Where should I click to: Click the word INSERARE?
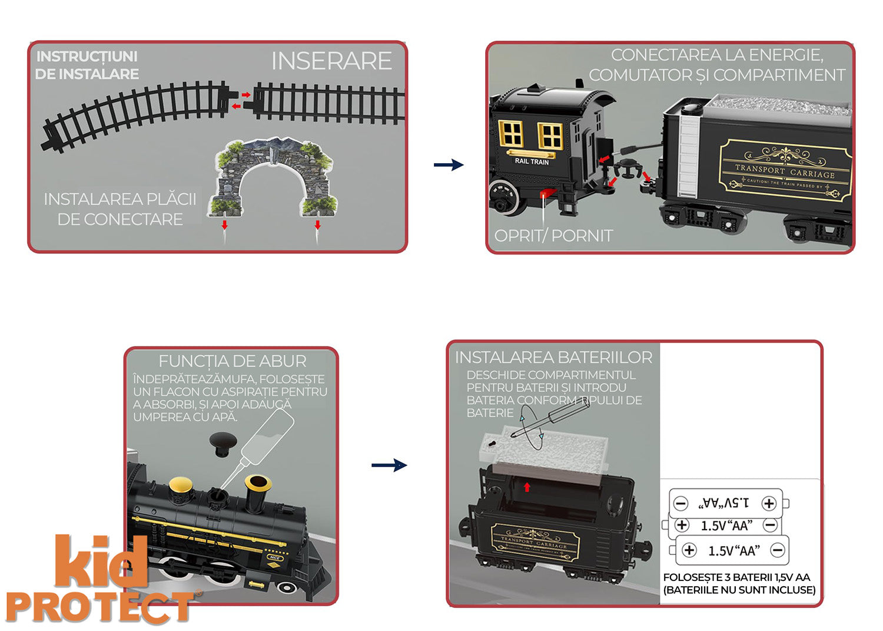[331, 61]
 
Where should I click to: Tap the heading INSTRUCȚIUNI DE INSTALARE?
[87, 65]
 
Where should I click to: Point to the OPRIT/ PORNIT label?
[553, 236]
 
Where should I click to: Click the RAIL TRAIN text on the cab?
[532, 161]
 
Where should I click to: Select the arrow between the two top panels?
[449, 165]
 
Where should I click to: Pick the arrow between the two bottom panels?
[389, 465]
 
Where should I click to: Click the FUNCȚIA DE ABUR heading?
[233, 361]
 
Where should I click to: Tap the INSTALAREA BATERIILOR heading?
[553, 358]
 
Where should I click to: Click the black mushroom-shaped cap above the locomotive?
[221, 442]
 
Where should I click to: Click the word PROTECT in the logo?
[100, 607]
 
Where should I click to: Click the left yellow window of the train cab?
[510, 134]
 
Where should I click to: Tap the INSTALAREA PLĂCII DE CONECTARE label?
[120, 209]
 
